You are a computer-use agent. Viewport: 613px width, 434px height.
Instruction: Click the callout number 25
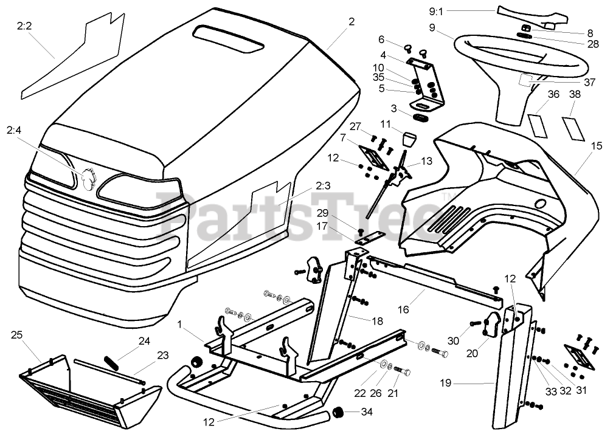[16, 335]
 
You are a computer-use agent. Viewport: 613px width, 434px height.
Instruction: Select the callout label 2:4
[13, 130]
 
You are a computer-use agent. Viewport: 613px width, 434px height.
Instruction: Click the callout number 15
[595, 146]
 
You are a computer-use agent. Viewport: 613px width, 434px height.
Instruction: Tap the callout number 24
[144, 341]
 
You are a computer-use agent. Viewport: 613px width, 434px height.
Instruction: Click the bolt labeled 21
[402, 370]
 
